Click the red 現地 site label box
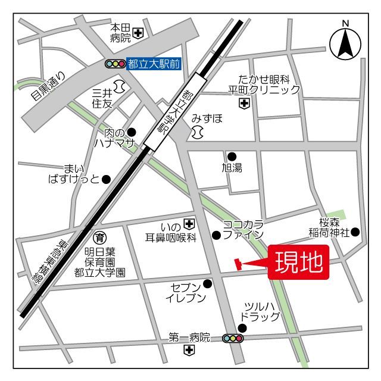(298, 261)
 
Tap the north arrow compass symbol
(345, 43)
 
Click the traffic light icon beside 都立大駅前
(114, 63)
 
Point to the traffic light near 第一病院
(233, 338)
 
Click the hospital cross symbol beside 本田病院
(138, 33)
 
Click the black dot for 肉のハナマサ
(132, 132)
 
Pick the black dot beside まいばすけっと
(106, 179)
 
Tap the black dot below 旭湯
(232, 157)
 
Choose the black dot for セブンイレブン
(207, 283)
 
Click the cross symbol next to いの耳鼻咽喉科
(189, 224)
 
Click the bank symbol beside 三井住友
(119, 87)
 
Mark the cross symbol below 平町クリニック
(243, 104)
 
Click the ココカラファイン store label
(243, 229)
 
